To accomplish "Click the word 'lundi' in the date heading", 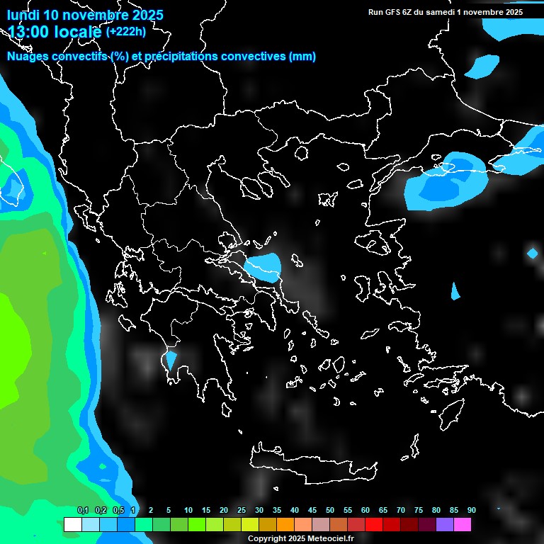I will pyautogui.click(x=23, y=15).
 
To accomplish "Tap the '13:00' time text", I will pyautogui.click(x=30, y=32).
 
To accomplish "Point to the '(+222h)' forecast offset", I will pyautogui.click(x=125, y=31).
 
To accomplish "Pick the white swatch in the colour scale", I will pyautogui.click(x=72, y=524).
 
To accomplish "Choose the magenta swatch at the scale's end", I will pyautogui.click(x=463, y=524).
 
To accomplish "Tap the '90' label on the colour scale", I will pyautogui.click(x=471, y=510).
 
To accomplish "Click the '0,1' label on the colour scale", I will pyautogui.click(x=83, y=510).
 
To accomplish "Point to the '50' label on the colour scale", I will pyautogui.click(x=330, y=510).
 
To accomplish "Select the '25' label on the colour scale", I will pyautogui.click(x=242, y=510).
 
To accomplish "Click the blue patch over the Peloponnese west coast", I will pyautogui.click(x=171, y=359).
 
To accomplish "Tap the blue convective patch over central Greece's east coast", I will pyautogui.click(x=264, y=267).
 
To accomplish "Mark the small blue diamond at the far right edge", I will pyautogui.click(x=533, y=253).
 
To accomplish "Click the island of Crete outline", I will pyautogui.click(x=312, y=464).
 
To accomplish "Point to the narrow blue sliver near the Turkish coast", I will pyautogui.click(x=455, y=290).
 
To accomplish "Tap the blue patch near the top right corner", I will pyautogui.click(x=483, y=66).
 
